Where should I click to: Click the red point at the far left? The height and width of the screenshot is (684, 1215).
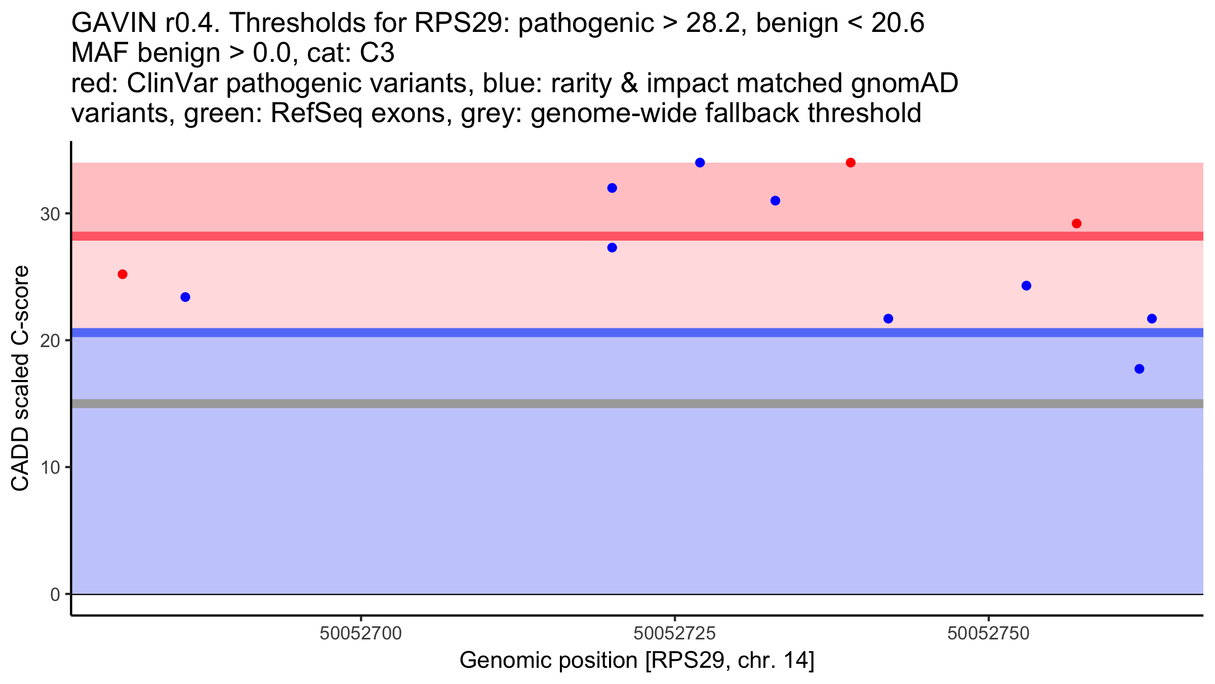[123, 274]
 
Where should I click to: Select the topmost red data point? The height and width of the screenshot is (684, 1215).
[850, 163]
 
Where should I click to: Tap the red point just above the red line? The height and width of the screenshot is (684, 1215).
[1077, 223]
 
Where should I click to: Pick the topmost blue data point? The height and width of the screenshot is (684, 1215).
[700, 163]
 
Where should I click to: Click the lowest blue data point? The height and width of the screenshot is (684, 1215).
[1140, 369]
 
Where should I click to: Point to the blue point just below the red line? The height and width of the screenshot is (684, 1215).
[612, 248]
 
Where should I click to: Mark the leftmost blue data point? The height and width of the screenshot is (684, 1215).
[185, 297]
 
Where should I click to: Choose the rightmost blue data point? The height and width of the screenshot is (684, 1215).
[1152, 319]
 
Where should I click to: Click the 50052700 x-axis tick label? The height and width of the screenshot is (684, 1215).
[361, 634]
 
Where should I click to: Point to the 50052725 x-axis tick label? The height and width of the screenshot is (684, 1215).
[675, 634]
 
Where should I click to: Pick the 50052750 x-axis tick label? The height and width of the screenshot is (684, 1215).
[989, 634]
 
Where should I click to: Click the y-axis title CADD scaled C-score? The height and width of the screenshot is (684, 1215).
[20, 378]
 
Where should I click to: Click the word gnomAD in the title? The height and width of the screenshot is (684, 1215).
[905, 83]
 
